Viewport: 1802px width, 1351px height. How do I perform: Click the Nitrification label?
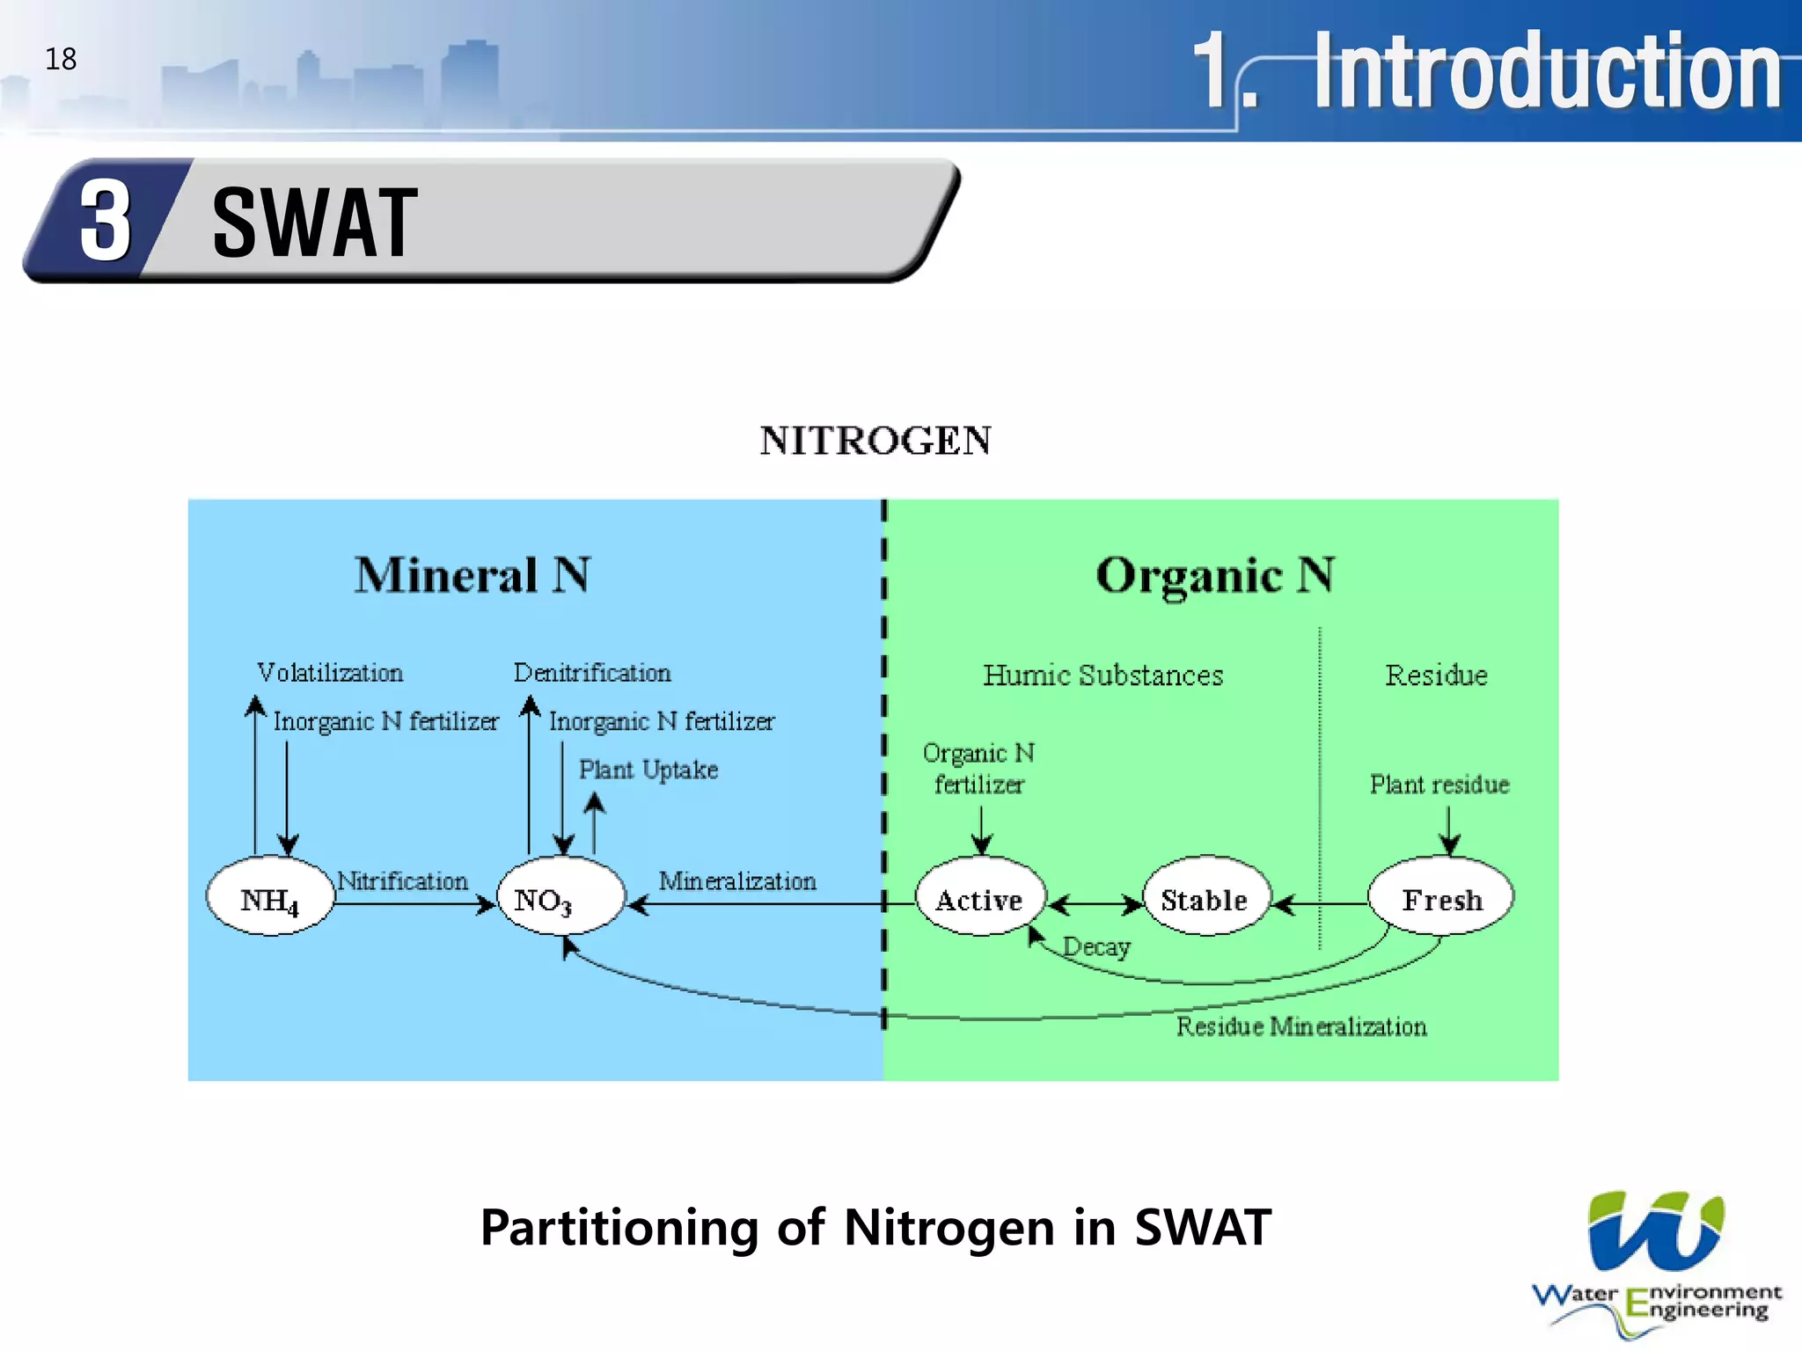tap(403, 880)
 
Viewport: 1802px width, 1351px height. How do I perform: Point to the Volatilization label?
tap(330, 673)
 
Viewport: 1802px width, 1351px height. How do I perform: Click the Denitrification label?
tap(592, 673)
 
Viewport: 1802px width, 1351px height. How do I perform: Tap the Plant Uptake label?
tap(648, 770)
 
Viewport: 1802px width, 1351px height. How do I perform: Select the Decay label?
tap(1096, 947)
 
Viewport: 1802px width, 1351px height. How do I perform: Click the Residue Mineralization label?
tap(1301, 1026)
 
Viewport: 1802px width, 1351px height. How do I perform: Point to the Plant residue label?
tap(1439, 784)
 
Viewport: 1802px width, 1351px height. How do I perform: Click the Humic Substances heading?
tap(1102, 675)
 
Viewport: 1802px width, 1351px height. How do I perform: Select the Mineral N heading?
tap(472, 575)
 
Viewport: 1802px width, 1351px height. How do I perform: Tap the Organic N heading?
tap(1215, 575)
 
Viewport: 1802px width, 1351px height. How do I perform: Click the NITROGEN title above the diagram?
tap(875, 441)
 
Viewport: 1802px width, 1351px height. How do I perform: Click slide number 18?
tap(61, 59)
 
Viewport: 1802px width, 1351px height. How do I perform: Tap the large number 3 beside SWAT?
tap(106, 221)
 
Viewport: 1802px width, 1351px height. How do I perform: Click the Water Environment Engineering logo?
tap(1655, 1262)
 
